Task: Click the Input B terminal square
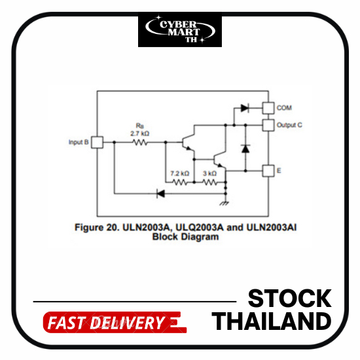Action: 97,142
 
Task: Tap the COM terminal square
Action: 268,108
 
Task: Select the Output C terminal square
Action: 268,125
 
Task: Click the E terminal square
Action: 268,171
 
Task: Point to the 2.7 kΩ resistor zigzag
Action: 140,142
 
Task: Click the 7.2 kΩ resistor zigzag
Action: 180,183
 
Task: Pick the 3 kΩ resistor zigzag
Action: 209,183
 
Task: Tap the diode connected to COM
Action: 245,108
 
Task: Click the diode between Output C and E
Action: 245,149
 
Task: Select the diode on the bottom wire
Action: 160,194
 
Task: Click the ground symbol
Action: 225,203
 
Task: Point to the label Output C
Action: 289,125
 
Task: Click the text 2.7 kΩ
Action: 140,134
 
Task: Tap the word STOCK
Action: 290,298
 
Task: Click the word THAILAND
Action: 272,321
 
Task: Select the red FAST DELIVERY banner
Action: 115,322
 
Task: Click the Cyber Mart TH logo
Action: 180,30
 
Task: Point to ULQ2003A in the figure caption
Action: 199,227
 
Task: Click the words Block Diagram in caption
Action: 185,237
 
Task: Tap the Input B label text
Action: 79,142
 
